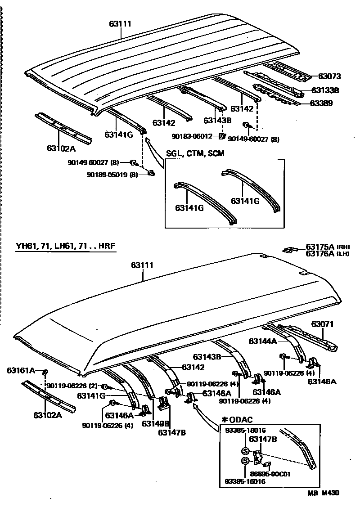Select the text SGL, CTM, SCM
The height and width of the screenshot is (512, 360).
(195, 153)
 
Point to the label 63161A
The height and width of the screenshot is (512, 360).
(21, 370)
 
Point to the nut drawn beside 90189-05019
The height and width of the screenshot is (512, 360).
(151, 173)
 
